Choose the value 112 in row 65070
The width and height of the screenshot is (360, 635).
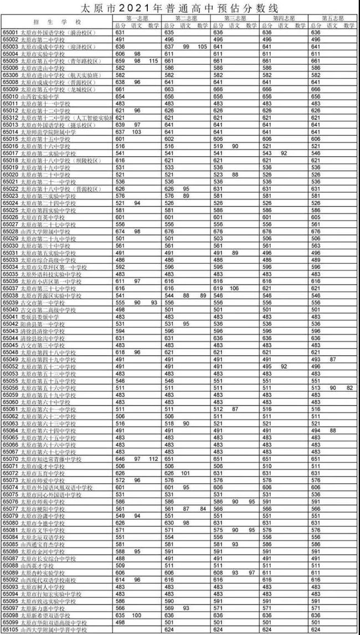[153, 459]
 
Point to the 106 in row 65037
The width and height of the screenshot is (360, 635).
[234, 288]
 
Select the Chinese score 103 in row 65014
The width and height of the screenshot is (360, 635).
[137, 132]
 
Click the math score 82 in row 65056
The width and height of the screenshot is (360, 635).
[349, 388]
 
